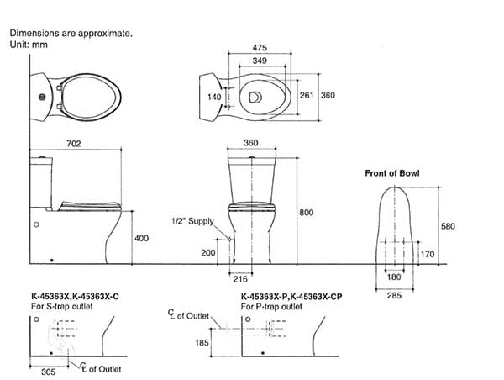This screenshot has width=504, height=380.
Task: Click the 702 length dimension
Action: (73, 144)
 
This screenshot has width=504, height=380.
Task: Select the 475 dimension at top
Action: (260, 48)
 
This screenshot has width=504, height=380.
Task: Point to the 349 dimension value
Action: (260, 63)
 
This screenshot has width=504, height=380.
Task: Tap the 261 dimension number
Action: (307, 96)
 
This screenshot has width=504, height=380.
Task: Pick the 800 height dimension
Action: (306, 213)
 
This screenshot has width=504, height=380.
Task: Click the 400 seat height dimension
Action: (141, 239)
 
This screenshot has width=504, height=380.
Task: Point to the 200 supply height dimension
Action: (207, 252)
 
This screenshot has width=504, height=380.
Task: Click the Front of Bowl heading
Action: (391, 173)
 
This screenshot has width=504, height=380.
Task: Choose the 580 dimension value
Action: (447, 225)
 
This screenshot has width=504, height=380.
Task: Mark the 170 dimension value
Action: (427, 252)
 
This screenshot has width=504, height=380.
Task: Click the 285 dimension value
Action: (394, 294)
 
